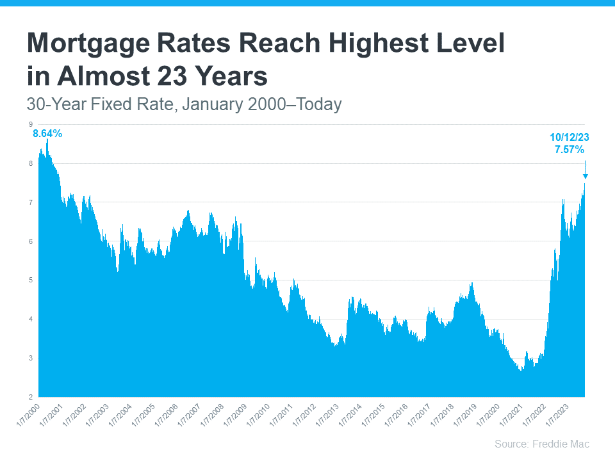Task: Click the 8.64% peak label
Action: (x=47, y=134)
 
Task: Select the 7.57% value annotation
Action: (x=569, y=150)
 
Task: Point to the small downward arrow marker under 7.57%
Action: (x=585, y=175)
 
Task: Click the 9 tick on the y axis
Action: (x=30, y=124)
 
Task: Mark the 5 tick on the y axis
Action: (x=30, y=280)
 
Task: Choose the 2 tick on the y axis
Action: (x=30, y=396)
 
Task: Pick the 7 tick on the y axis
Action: (x=30, y=202)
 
